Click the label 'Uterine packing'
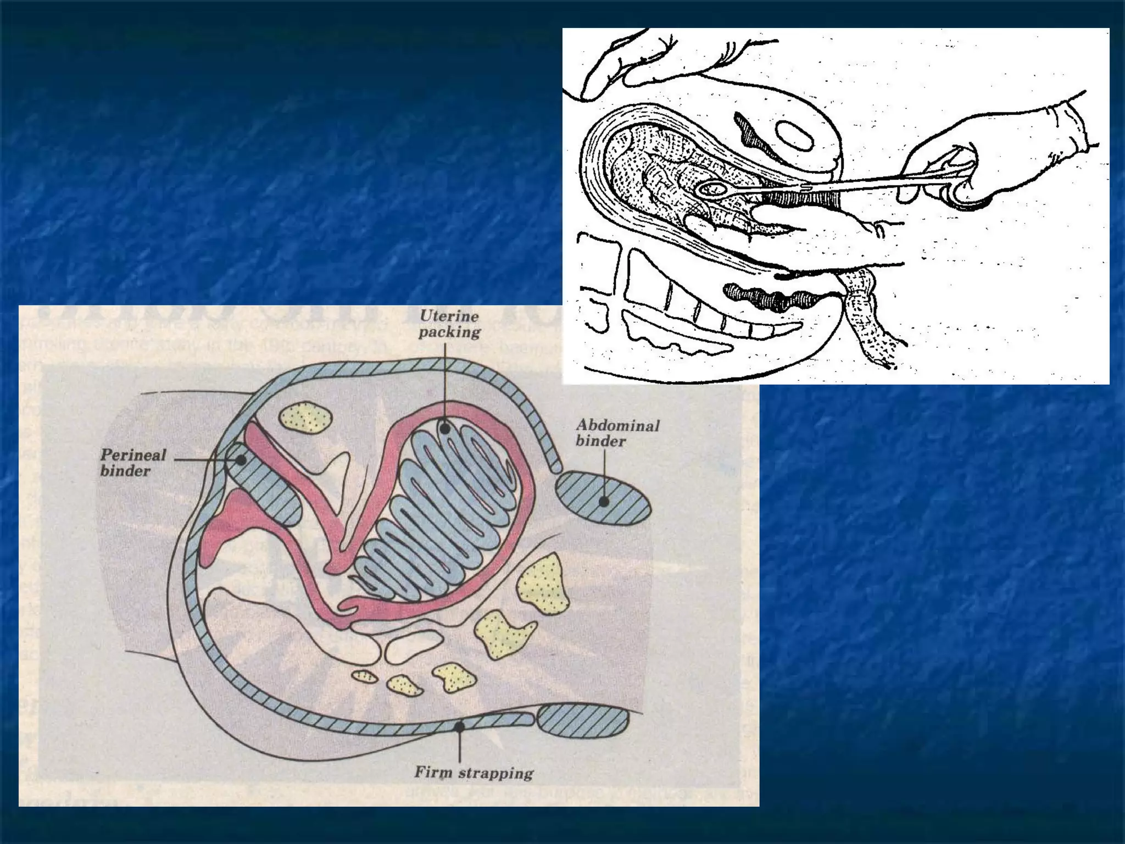pyautogui.click(x=449, y=324)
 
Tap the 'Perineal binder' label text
pyautogui.click(x=132, y=463)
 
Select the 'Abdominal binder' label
pyautogui.click(x=617, y=433)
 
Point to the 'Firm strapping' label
pyautogui.click(x=474, y=773)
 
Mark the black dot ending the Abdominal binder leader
pyautogui.click(x=604, y=502)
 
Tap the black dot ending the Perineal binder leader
pyautogui.click(x=240, y=460)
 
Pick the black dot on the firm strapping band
pyautogui.click(x=460, y=726)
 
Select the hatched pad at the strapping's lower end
pyautogui.click(x=583, y=722)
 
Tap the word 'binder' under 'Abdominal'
pyautogui.click(x=600, y=441)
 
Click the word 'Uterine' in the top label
pyautogui.click(x=449, y=316)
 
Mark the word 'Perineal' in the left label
pyautogui.click(x=133, y=455)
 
